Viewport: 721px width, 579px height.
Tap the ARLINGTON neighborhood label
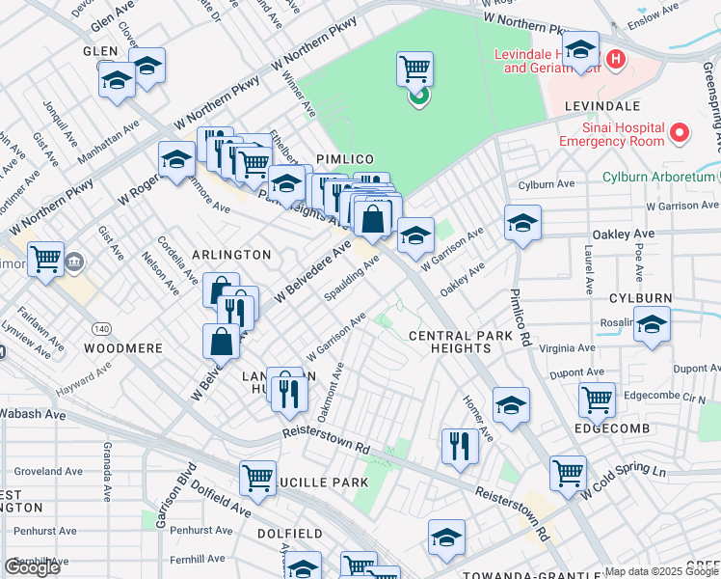[x=231, y=254]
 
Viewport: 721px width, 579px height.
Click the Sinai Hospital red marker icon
[x=680, y=133]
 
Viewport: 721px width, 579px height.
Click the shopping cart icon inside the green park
[x=414, y=68]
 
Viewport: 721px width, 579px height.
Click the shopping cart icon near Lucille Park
[x=258, y=477]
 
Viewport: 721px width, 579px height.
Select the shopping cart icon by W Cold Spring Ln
[x=568, y=472]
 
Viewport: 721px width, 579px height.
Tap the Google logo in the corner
[x=32, y=566]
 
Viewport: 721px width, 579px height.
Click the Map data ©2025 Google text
[x=661, y=571]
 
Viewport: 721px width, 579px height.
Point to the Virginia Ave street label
[x=567, y=348]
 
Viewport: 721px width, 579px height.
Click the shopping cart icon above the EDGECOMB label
[x=598, y=398]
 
